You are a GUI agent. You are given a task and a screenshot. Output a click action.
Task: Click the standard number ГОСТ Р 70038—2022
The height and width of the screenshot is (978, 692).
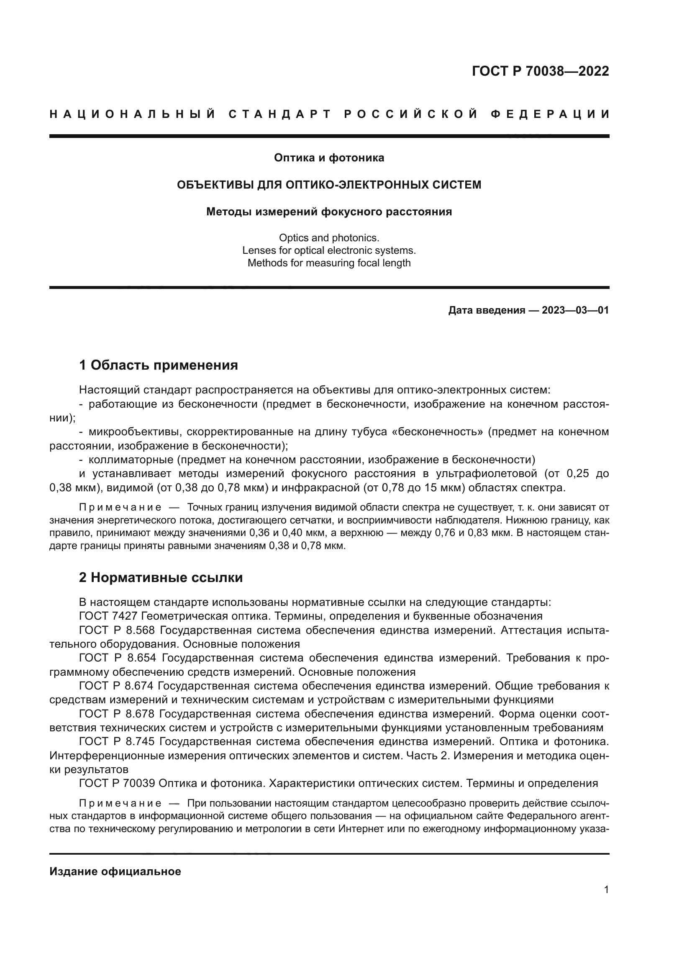click(x=540, y=71)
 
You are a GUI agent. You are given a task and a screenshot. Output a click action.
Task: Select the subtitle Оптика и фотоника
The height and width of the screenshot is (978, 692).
click(x=329, y=158)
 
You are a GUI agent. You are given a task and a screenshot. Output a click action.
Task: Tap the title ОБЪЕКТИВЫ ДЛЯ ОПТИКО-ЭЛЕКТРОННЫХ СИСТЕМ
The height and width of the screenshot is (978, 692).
click(x=329, y=185)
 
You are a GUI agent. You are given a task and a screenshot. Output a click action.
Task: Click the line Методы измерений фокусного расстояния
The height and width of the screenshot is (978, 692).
click(x=329, y=212)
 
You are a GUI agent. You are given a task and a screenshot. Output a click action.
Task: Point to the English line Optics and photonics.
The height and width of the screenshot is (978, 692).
click(x=329, y=237)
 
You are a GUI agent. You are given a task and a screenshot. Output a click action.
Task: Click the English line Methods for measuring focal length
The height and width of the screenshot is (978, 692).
click(x=329, y=263)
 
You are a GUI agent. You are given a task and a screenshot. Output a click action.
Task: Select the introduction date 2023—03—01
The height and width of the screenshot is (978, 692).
click(x=575, y=310)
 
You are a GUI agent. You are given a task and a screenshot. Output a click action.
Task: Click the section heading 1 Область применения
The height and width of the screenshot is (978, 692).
click(x=158, y=365)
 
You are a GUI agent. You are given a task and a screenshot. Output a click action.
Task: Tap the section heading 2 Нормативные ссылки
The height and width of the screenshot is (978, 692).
click(x=161, y=577)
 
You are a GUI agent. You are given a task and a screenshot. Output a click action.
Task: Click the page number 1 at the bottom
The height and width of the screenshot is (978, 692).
click(x=606, y=890)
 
